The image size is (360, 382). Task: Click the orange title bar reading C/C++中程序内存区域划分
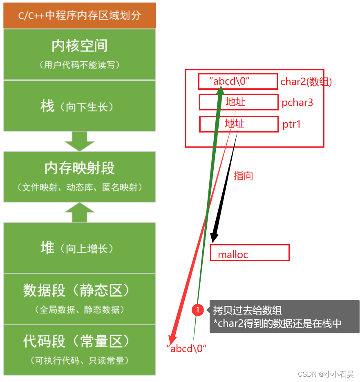80,16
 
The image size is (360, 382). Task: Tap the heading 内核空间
80,46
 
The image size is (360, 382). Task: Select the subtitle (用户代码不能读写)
80,65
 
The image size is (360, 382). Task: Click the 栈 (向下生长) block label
80,107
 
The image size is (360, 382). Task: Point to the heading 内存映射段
80,168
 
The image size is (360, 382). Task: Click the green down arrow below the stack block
80,141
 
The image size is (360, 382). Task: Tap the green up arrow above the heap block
80,212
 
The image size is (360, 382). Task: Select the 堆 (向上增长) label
80,248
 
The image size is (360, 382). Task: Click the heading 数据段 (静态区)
80,290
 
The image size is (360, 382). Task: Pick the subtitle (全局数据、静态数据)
80,310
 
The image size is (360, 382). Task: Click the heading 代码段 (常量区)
80,341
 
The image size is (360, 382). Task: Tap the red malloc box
250,253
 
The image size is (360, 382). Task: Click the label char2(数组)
306,82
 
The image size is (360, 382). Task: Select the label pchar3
297,102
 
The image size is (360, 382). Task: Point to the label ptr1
292,124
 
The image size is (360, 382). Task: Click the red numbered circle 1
198,310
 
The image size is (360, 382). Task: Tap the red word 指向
243,176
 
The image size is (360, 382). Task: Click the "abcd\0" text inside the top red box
231,81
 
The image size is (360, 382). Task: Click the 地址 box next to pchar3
239,102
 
